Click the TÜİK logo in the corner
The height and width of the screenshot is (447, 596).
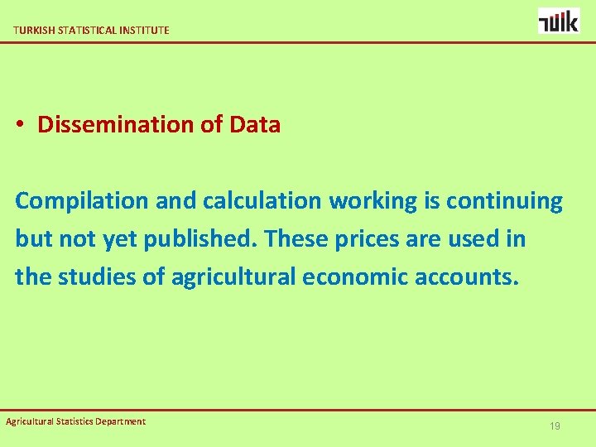pos(559,21)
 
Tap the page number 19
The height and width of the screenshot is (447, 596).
pos(555,425)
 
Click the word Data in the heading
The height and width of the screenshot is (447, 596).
pos(255,125)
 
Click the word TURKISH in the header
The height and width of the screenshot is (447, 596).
pos(32,30)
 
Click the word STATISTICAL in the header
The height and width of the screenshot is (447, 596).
pos(83,30)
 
